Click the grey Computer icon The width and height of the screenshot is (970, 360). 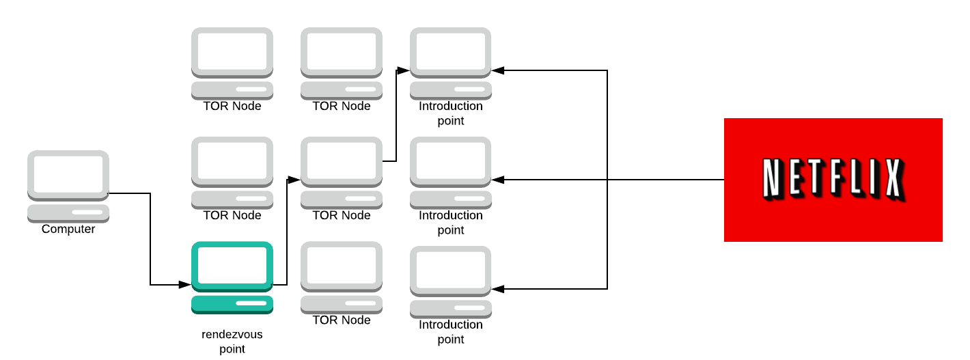pos(68,185)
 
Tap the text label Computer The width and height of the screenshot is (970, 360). pos(68,230)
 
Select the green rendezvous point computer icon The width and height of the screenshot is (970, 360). pos(232,277)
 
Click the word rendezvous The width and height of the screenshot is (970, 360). pos(232,335)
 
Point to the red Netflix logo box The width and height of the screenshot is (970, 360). pos(833,180)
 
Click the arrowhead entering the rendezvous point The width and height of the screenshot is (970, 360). pos(185,284)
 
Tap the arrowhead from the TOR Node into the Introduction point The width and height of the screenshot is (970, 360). pos(404,70)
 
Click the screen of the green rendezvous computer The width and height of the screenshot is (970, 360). pos(232,265)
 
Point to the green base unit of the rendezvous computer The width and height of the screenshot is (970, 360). pos(232,304)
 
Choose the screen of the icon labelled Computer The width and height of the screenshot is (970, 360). pos(68,174)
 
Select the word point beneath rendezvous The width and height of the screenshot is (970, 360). pos(232,350)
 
